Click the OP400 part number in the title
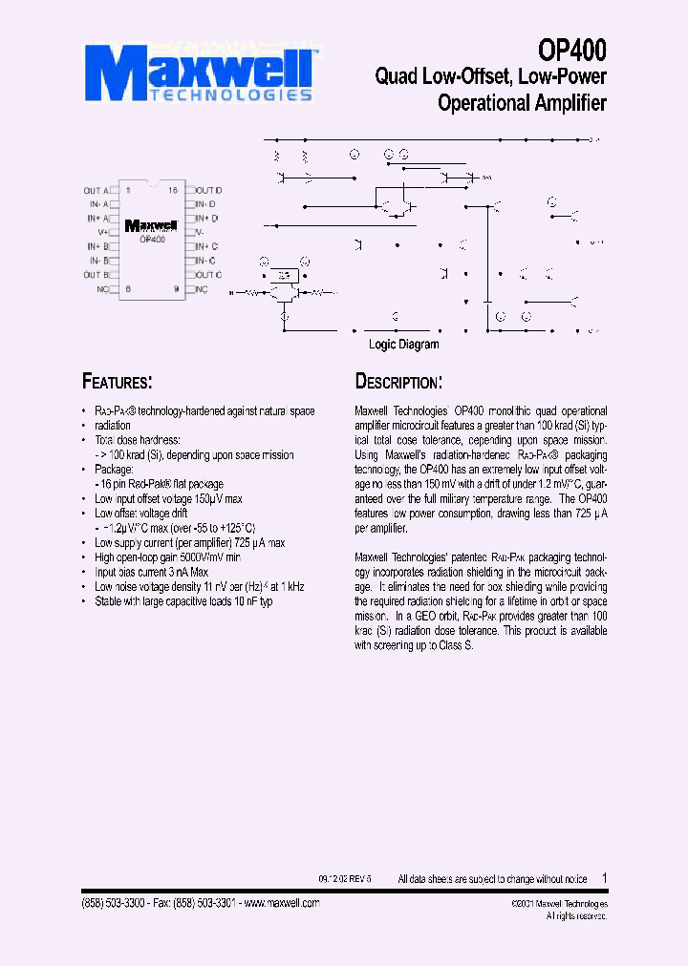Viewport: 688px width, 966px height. pyautogui.click(x=572, y=50)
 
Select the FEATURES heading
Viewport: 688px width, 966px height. pyautogui.click(x=118, y=382)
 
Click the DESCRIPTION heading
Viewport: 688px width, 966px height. pyautogui.click(x=398, y=382)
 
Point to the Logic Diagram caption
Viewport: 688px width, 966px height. pyautogui.click(x=404, y=345)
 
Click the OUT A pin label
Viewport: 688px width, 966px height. pyautogui.click(x=97, y=191)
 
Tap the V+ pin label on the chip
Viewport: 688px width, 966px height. pyautogui.click(x=103, y=232)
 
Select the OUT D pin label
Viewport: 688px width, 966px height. pyautogui.click(x=209, y=191)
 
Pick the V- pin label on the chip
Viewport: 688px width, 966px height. pyautogui.click(x=201, y=232)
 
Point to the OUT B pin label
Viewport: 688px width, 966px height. pyautogui.click(x=97, y=275)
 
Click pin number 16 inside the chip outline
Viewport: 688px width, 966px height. pyautogui.click(x=173, y=191)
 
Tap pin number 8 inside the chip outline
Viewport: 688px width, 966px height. pyautogui.click(x=128, y=288)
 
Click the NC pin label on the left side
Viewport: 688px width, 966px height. pyautogui.click(x=101, y=288)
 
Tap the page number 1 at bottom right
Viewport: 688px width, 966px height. pyautogui.click(x=604, y=877)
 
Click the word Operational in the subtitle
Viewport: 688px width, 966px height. pyautogui.click(x=481, y=103)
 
